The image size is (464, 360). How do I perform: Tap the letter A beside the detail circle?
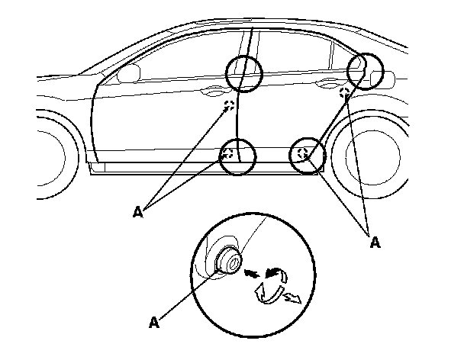tap(153, 323)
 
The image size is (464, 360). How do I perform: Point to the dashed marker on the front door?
tap(228, 106)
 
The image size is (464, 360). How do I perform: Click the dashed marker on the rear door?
tap(345, 93)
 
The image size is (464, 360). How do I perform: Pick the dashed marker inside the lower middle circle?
tap(227, 154)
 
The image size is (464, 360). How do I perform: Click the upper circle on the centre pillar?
tap(245, 73)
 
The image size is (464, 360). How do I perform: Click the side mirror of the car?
tap(129, 73)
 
